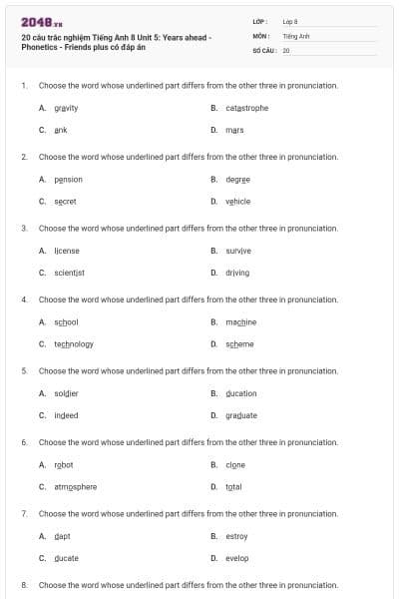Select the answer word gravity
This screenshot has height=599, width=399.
point(67,108)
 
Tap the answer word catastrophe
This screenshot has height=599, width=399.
point(246,108)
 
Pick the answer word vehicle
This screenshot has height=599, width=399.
point(237,201)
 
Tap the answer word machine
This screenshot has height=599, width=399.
point(240,322)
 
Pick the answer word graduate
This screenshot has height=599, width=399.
point(241,415)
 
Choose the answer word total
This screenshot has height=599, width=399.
point(234,487)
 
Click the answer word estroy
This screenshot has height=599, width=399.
point(236,536)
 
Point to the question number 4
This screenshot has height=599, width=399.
point(23,299)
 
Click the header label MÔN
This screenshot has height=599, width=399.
point(261,35)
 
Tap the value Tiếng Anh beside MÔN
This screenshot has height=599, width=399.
point(296,35)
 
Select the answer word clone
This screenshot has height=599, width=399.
point(235,465)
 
